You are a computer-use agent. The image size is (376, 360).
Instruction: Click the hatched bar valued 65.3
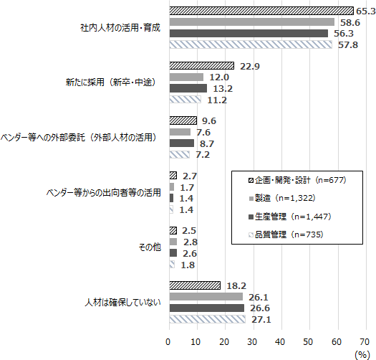point(261,11)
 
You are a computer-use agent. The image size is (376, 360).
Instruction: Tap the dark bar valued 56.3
point(248,33)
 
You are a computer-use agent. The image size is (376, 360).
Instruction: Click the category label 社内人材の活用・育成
point(120,28)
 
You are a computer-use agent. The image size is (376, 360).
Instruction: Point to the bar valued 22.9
point(201,66)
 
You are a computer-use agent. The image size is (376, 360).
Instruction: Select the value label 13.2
point(221,88)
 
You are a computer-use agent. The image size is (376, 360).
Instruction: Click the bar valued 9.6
point(183,120)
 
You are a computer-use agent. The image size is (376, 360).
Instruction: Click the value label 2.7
point(191,176)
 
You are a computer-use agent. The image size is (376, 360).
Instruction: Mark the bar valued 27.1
point(207,319)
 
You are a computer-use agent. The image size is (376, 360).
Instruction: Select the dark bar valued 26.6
point(206,308)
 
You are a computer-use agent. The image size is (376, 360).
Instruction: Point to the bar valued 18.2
point(194,286)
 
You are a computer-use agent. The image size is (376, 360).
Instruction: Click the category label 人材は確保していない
point(118,303)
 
